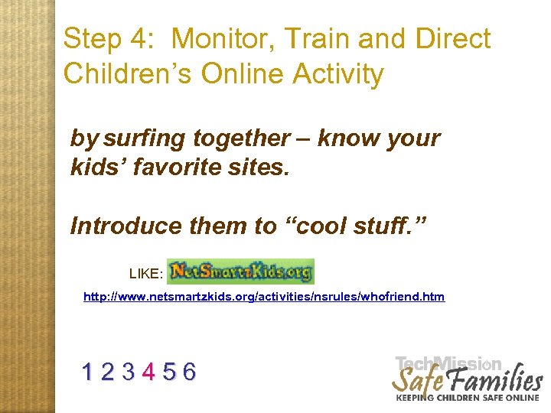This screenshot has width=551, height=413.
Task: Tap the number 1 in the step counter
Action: click(90, 372)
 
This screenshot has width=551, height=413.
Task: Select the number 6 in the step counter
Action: click(189, 372)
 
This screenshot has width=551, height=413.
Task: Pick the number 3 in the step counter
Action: click(129, 372)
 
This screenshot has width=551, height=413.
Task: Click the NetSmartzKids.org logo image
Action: click(240, 272)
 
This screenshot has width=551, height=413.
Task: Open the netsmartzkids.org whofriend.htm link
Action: click(263, 297)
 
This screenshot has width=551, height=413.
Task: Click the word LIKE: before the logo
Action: click(145, 273)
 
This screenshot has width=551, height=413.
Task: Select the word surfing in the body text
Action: click(145, 138)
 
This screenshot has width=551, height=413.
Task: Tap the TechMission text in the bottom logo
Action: click(448, 364)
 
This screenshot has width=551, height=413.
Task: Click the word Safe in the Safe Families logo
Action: click(419, 380)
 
